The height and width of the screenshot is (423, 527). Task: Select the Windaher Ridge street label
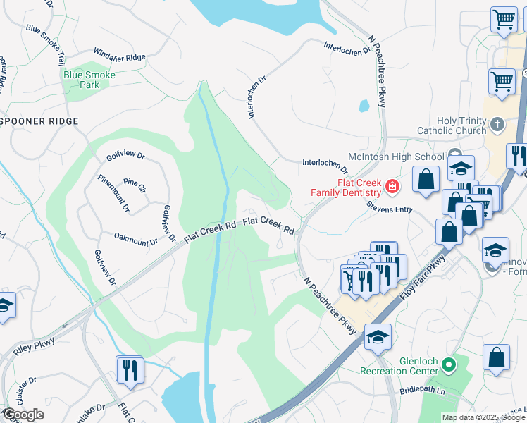(x=119, y=56)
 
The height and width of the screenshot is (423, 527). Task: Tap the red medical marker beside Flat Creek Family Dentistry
(x=392, y=187)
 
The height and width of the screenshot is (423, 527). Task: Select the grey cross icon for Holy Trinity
(x=498, y=125)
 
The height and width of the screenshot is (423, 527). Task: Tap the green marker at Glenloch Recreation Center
(x=447, y=365)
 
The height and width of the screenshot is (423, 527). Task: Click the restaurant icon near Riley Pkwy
(x=130, y=369)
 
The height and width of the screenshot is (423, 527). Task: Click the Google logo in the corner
(x=23, y=415)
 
